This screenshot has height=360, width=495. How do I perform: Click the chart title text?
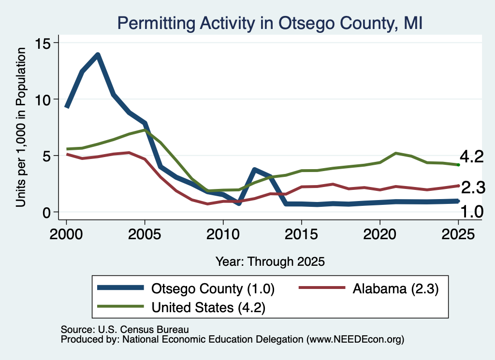[x=270, y=24]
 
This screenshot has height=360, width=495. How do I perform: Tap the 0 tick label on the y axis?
[x=46, y=213]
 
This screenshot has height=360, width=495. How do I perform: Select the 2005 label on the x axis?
[x=145, y=234]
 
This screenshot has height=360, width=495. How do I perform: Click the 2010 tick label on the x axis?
[x=223, y=234]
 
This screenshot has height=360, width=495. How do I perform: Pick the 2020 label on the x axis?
[x=380, y=234]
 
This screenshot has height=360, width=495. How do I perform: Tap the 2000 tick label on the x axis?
[x=66, y=234]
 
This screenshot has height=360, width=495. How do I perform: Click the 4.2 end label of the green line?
[x=472, y=157]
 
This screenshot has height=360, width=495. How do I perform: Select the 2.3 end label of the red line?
[x=473, y=187]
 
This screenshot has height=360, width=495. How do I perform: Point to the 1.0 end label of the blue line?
[x=472, y=211]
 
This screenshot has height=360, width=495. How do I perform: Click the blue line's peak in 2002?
[x=98, y=55]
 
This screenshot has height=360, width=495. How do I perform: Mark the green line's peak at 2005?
[x=145, y=130]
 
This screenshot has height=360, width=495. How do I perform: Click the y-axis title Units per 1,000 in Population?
[x=21, y=127]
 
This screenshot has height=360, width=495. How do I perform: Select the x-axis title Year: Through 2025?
[x=270, y=261]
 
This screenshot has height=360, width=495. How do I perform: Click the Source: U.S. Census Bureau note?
[x=125, y=330]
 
